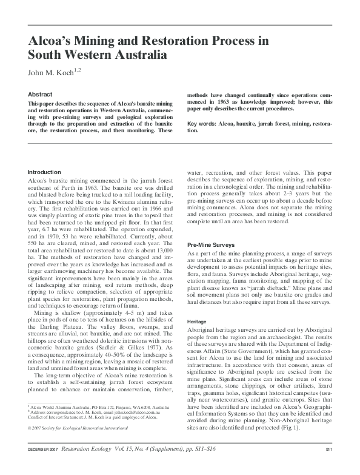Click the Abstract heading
(40, 95)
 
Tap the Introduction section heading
(45, 172)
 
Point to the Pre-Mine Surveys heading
(212, 244)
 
